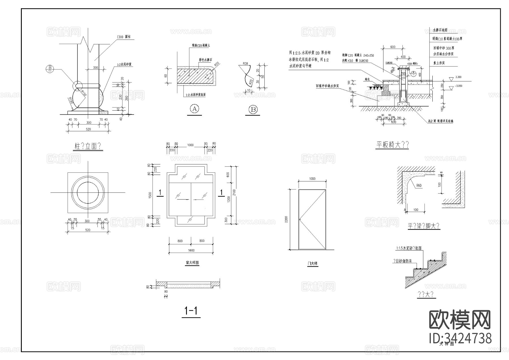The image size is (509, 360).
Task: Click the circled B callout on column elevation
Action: pyautogui.click(x=50, y=68)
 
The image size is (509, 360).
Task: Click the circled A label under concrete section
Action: pyautogui.click(x=194, y=109)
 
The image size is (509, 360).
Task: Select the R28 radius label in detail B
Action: pyautogui.click(x=245, y=64)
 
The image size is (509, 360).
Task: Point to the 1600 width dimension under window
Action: pyautogui.click(x=191, y=250)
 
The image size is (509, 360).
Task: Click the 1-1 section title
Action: pyautogui.click(x=191, y=312)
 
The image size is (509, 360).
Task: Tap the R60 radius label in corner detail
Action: pyautogui.click(x=419, y=186)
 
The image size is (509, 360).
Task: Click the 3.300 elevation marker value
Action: pyautogui.click(x=459, y=77)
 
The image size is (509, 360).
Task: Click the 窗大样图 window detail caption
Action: pyautogui.click(x=192, y=263)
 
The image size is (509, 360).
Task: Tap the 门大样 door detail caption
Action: pyautogui.click(x=312, y=263)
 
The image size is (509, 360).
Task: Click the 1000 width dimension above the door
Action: pyautogui.click(x=312, y=179)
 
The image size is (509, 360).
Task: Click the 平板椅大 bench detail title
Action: pyautogui.click(x=392, y=145)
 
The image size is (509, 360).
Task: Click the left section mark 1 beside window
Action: pyautogui.click(x=160, y=193)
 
